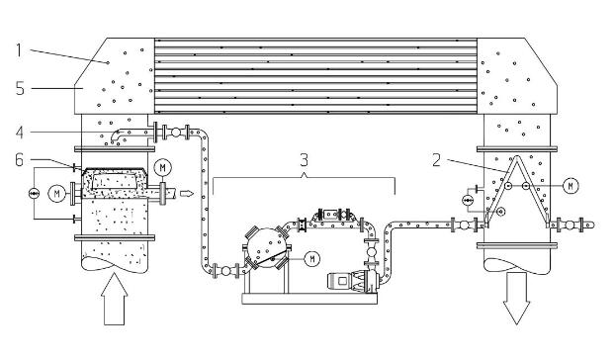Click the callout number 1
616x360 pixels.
click(x=19, y=50)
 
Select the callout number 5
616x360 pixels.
click(x=20, y=88)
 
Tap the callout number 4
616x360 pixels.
click(x=20, y=133)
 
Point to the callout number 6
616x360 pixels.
click(x=19, y=160)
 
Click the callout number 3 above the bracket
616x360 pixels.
click(x=305, y=160)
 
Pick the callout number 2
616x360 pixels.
click(x=436, y=160)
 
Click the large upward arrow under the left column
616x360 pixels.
click(x=115, y=299)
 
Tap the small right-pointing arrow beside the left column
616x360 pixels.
click(x=187, y=194)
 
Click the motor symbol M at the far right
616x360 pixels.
click(x=571, y=186)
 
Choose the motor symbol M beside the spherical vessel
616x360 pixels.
click(x=312, y=258)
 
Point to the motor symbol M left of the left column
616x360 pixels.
click(x=56, y=194)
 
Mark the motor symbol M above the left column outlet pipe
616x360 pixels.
click(x=162, y=168)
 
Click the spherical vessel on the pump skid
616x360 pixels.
click(x=267, y=247)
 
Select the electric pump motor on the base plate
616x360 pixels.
click(x=342, y=282)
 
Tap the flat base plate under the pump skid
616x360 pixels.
click(x=309, y=299)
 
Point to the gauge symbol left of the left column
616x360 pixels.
click(x=35, y=193)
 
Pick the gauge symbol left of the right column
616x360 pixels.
click(x=467, y=201)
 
